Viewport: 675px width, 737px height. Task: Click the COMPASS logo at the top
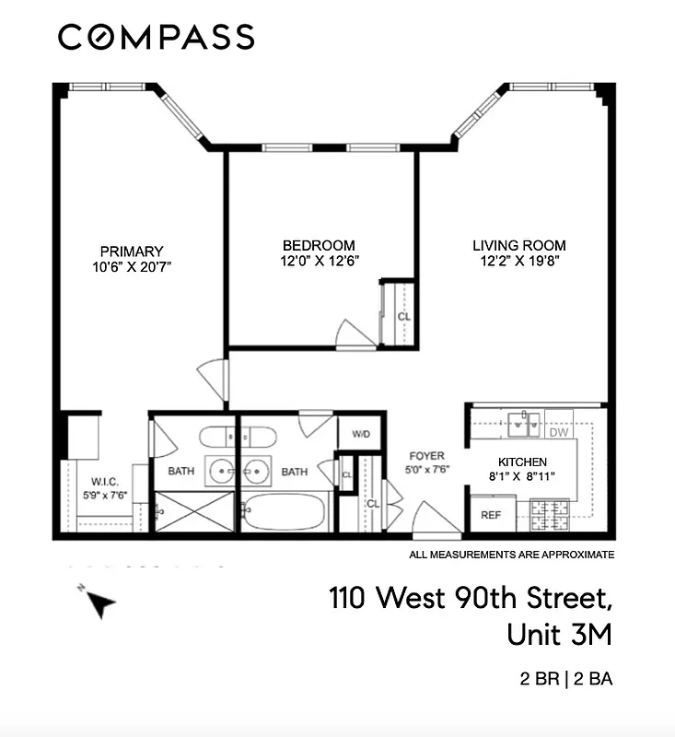156,37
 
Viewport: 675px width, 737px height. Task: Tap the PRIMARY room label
132,251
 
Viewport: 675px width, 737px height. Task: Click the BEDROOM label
319,245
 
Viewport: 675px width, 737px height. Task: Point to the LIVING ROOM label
519,245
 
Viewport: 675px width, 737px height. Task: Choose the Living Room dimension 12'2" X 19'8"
519,261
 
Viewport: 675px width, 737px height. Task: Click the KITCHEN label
523,462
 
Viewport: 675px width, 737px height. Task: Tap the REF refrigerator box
490,515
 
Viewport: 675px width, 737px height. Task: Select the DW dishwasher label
558,432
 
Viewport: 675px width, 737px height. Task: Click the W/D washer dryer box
359,435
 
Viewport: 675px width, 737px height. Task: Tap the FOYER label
427,456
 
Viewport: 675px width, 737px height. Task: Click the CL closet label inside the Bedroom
402,317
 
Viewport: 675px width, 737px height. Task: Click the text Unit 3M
559,636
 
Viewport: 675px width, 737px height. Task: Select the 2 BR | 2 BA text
565,681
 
